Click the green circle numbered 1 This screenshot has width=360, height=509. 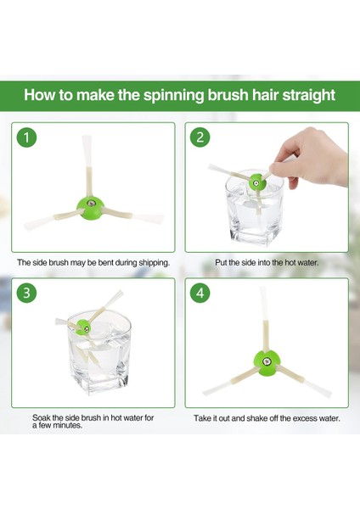[x=26, y=137]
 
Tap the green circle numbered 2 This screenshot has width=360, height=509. [x=200, y=137]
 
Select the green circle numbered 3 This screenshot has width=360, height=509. [x=26, y=293]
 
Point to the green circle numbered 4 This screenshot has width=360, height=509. [x=200, y=293]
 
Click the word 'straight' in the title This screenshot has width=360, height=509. [x=308, y=95]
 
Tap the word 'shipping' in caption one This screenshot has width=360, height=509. [x=154, y=263]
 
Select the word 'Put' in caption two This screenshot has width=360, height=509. [x=221, y=262]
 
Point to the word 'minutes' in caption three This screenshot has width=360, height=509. [x=67, y=425]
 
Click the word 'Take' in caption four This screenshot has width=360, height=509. [x=202, y=418]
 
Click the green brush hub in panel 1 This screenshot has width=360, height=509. [x=90, y=208]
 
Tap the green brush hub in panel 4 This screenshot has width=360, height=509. [x=267, y=362]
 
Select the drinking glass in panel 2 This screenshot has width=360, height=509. [x=255, y=208]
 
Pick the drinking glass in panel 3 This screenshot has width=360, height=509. [x=99, y=351]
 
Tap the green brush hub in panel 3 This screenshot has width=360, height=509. [x=83, y=327]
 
